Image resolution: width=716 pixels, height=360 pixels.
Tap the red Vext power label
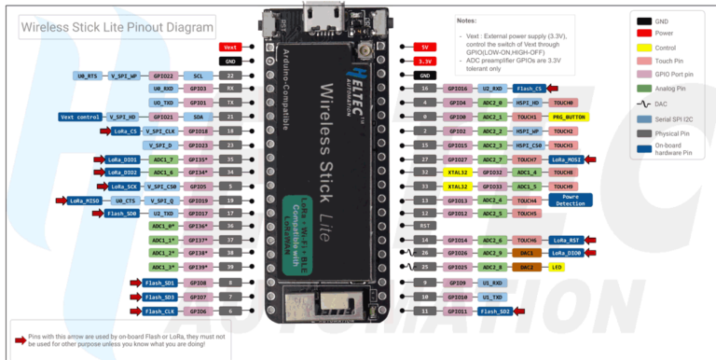click(231, 46)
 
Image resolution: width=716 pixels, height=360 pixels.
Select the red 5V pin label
click(423, 46)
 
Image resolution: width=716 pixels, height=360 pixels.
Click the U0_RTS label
click(87, 75)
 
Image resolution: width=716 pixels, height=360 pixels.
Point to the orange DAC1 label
click(528, 253)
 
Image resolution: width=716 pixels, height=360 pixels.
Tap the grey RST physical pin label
click(424, 226)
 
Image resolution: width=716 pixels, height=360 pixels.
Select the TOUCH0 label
click(563, 103)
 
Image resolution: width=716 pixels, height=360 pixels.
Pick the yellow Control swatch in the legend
click(644, 47)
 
